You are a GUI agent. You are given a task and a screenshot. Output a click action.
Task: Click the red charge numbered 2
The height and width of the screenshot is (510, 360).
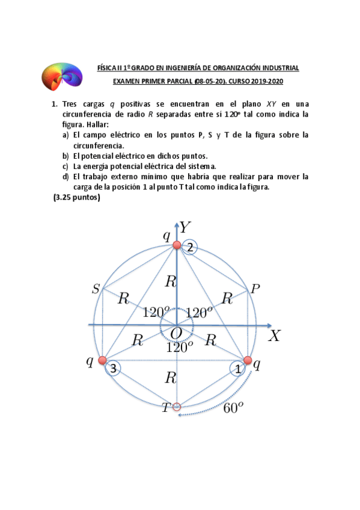pyautogui.click(x=177, y=245)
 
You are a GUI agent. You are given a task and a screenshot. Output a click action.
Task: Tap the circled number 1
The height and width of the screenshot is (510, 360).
pyautogui.click(x=239, y=369)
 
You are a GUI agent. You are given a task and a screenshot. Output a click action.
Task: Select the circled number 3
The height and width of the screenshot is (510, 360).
pyautogui.click(x=114, y=369)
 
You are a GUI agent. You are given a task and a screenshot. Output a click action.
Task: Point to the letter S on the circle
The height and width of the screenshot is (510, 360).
pyautogui.click(x=96, y=289)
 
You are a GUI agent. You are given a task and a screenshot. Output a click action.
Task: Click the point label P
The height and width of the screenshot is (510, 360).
pyautogui.click(x=255, y=289)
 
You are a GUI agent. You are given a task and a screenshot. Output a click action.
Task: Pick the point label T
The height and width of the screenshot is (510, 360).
pyautogui.click(x=165, y=408)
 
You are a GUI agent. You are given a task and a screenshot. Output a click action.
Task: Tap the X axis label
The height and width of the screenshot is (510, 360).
pyautogui.click(x=274, y=336)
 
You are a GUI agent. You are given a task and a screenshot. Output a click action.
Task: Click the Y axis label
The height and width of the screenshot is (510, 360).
pyautogui.click(x=186, y=226)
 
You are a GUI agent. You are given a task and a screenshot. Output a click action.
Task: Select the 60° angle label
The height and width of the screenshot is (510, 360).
pyautogui.click(x=233, y=408)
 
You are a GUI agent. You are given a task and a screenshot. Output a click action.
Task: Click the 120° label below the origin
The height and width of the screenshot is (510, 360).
pyautogui.click(x=180, y=347)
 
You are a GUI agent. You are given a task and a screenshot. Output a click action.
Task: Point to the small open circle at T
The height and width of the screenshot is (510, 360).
pyautogui.click(x=177, y=407)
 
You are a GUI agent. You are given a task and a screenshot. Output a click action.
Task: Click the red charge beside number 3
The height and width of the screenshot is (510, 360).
pyautogui.click(x=102, y=361)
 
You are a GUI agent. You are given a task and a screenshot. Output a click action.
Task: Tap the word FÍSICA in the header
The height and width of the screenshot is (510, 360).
pyautogui.click(x=107, y=69)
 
